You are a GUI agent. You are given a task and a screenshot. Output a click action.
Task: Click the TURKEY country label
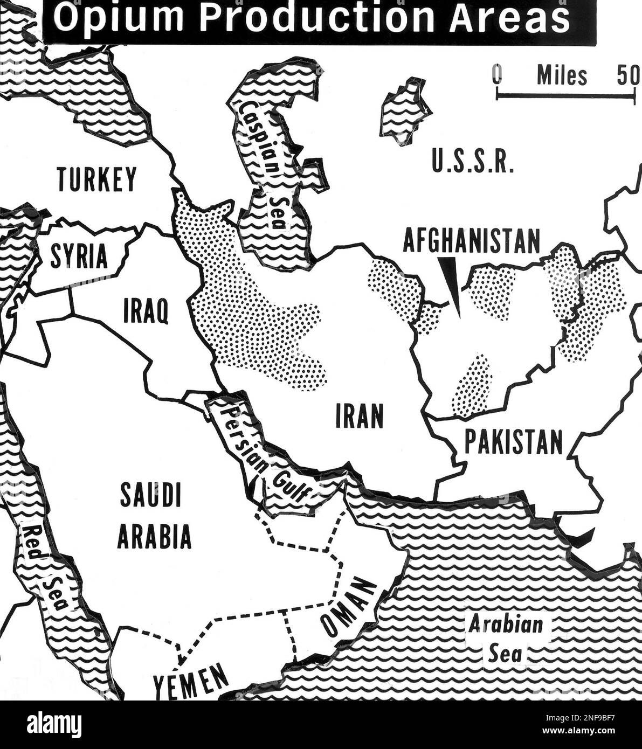click(97, 179)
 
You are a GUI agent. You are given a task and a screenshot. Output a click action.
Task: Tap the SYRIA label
click(79, 256)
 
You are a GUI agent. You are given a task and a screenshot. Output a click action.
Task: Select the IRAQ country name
click(146, 309)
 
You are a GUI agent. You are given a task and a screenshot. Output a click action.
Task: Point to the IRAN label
click(360, 415)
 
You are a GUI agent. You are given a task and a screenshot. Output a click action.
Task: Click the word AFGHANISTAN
click(471, 242)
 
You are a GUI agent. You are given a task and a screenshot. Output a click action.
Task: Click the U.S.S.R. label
click(471, 161)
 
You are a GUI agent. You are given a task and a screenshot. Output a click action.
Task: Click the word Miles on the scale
click(561, 75)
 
